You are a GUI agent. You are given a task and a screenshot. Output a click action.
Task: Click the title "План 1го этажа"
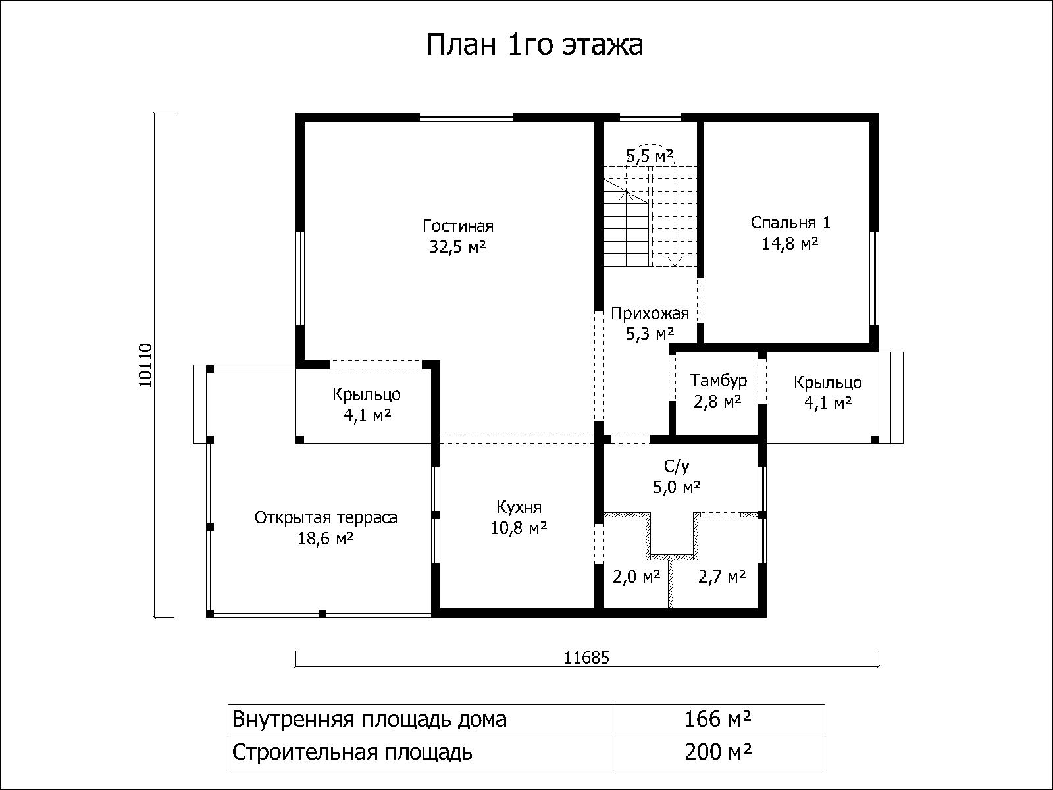click(x=534, y=45)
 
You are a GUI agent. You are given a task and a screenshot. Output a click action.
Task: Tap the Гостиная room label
click(x=457, y=225)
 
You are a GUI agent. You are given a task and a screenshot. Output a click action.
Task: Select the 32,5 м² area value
click(x=457, y=247)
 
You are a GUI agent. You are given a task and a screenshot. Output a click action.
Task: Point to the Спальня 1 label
click(x=790, y=223)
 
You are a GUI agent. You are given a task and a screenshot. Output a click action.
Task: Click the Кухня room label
click(x=519, y=507)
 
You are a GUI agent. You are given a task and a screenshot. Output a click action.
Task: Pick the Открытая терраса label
click(x=326, y=518)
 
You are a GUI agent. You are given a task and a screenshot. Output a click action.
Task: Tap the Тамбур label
click(x=718, y=381)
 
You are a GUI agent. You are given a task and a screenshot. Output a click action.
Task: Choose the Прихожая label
click(x=650, y=314)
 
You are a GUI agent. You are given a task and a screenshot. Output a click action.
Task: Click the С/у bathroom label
click(x=677, y=465)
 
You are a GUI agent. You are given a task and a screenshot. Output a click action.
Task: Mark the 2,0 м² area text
click(x=636, y=577)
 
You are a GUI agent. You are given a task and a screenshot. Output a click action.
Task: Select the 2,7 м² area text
click(x=721, y=577)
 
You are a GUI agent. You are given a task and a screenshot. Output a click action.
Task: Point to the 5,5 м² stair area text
click(x=650, y=155)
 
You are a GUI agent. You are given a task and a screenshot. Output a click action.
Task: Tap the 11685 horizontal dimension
click(x=586, y=658)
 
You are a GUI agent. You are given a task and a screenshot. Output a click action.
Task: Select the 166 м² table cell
click(x=718, y=720)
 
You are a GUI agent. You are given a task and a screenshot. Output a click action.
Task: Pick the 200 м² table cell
click(x=718, y=752)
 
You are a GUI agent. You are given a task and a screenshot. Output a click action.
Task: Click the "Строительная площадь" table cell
click(x=421, y=752)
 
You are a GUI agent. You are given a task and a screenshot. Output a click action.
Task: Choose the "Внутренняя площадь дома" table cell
click(x=421, y=720)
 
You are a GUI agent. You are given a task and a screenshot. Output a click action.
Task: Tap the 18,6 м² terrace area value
click(x=326, y=539)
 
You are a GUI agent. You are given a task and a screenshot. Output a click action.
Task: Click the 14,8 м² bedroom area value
click(x=790, y=244)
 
